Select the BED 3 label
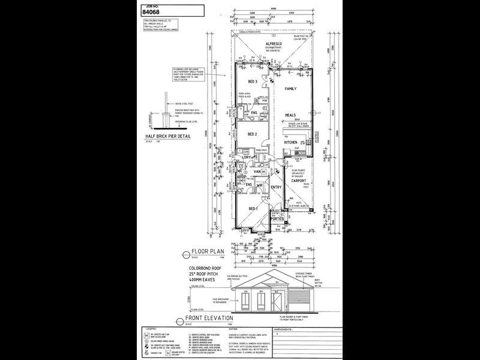253,82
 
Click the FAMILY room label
291,89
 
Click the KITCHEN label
290,142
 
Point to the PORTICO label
277,219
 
